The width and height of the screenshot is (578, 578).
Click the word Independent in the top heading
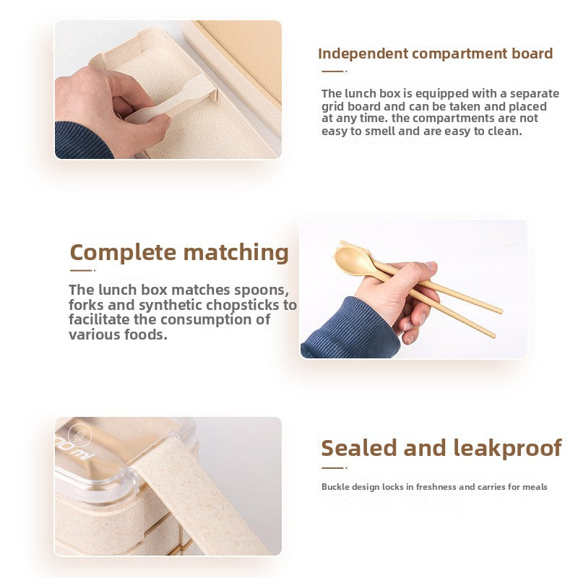pyautogui.click(x=363, y=54)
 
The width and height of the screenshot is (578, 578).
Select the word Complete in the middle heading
pyautogui.click(x=123, y=254)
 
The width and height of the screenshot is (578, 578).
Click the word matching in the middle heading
pyautogui.click(x=236, y=254)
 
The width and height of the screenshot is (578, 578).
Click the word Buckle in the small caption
pyautogui.click(x=335, y=486)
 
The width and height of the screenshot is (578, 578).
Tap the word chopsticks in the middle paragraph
pyautogui.click(x=243, y=306)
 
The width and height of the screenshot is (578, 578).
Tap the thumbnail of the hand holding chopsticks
pyautogui.click(x=413, y=290)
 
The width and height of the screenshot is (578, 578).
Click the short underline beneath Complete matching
pyautogui.click(x=82, y=270)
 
